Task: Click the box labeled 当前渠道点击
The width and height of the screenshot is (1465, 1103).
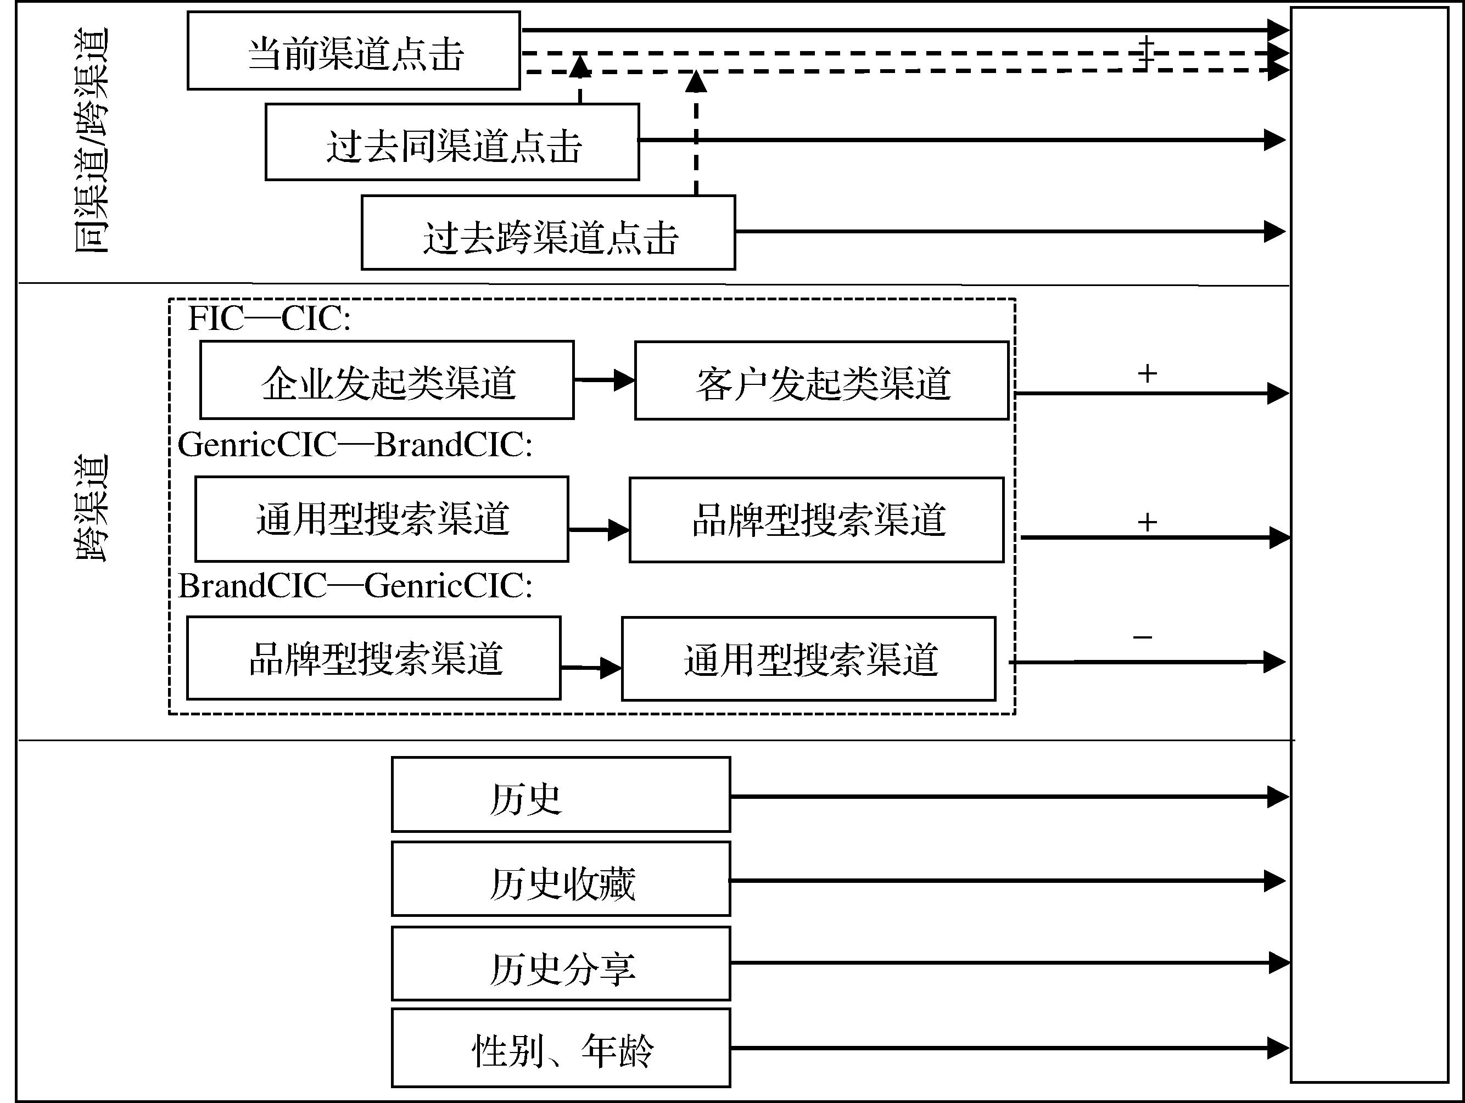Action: [x=354, y=51]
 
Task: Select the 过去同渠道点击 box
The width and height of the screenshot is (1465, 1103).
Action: [x=452, y=142]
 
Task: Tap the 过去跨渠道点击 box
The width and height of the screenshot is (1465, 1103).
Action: [x=549, y=233]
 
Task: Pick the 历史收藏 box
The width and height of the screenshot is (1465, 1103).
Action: [x=561, y=879]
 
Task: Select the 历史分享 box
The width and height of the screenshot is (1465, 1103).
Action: [x=561, y=964]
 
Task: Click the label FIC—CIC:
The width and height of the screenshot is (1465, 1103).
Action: [x=269, y=318]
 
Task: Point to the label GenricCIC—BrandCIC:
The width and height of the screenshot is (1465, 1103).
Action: [x=355, y=444]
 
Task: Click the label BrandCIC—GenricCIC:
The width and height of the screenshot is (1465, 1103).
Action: [x=355, y=586]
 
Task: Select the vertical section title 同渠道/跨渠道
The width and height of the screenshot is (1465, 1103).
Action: [x=91, y=141]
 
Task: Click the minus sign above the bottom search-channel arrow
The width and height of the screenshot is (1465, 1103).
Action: [x=1143, y=637]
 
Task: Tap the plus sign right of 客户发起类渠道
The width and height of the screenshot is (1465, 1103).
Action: [x=1147, y=374]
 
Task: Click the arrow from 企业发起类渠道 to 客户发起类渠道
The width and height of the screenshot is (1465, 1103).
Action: [x=604, y=380]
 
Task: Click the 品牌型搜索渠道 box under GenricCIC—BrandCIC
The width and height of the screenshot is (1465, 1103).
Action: [x=816, y=520]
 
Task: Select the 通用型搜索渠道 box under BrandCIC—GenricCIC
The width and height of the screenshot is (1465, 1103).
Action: [x=808, y=659]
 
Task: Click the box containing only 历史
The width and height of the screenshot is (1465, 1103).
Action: [x=561, y=795]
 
